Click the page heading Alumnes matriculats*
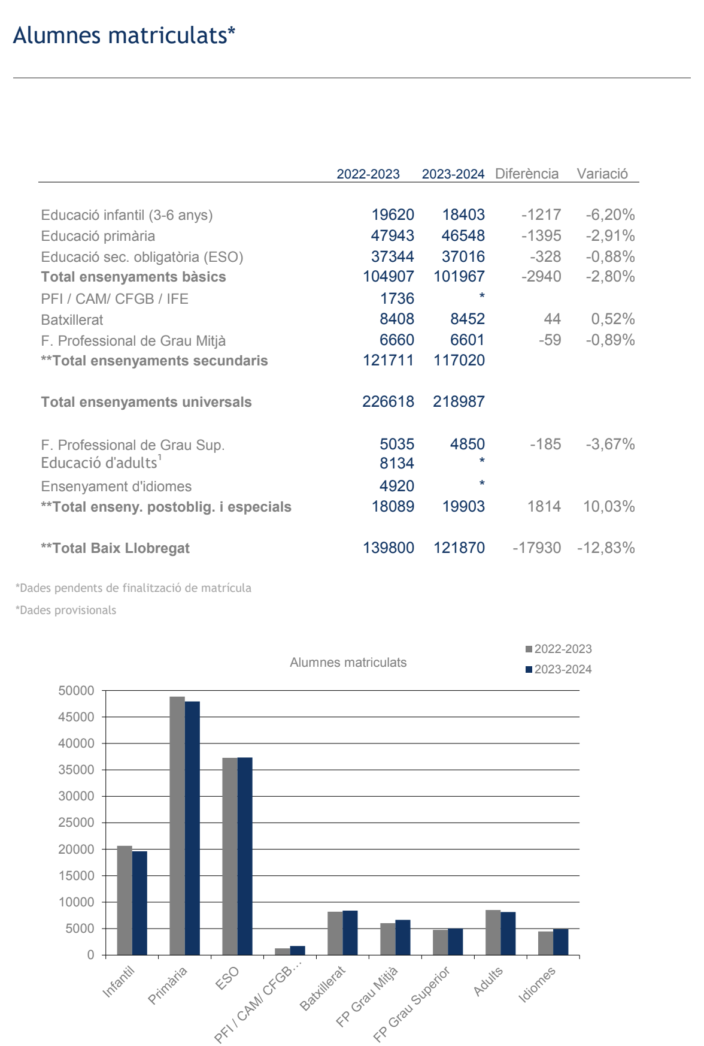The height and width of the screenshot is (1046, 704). click(124, 35)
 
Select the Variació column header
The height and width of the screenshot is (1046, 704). click(602, 174)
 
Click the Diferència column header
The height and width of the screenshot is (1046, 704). click(527, 174)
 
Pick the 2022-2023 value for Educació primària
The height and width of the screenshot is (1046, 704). click(393, 236)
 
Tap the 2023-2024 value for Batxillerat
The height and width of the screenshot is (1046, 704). click(468, 319)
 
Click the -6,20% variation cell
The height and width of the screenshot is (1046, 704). click(610, 215)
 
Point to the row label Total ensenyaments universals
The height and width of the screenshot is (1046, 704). click(146, 402)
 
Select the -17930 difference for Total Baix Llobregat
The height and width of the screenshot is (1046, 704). click(537, 548)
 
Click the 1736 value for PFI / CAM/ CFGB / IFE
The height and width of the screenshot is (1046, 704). click(397, 298)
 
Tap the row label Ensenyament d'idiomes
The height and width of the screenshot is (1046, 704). click(116, 486)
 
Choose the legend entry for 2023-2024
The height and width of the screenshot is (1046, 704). click(559, 670)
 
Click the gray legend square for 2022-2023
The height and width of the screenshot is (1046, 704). click(529, 649)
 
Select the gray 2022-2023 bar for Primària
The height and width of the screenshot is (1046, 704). click(177, 826)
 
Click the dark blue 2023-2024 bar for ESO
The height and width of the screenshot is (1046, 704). click(245, 856)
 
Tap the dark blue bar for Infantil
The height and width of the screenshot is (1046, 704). click(139, 903)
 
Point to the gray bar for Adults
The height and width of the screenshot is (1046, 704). click(493, 933)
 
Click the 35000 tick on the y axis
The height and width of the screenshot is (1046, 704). click(76, 770)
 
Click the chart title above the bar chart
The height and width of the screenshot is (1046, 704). click(348, 663)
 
